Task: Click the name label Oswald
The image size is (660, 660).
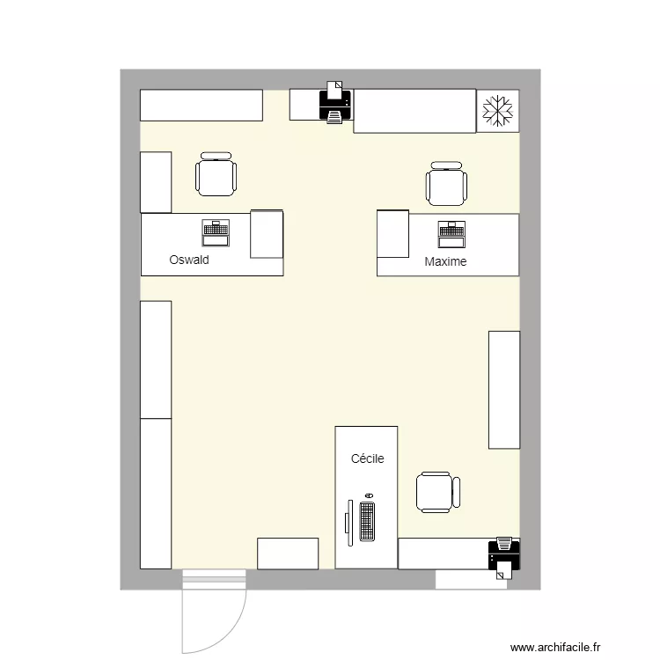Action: coord(188,260)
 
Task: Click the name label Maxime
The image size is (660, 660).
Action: coord(445,261)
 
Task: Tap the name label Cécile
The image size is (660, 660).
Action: coord(367,458)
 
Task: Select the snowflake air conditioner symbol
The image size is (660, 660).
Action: coord(497,111)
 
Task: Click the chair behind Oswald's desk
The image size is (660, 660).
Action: coord(216,174)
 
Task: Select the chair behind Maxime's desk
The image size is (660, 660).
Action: coord(446,184)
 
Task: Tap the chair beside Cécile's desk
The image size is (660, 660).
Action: coord(437,492)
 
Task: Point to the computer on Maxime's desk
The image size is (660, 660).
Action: coord(452,233)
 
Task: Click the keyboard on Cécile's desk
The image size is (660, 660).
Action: coord(367,521)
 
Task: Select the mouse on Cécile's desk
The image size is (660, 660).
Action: coord(368,496)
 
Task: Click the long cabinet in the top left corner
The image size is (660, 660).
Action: coord(202,105)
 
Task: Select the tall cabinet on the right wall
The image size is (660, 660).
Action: coord(504,389)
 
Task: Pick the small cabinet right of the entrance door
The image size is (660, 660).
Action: coord(288,554)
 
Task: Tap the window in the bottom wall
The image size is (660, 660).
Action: coord(471,580)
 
